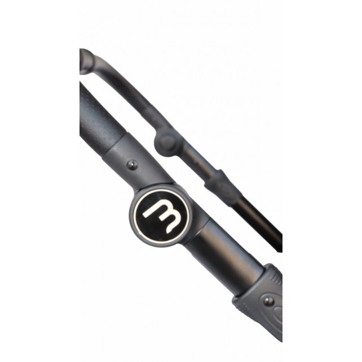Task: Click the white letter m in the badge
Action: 162,216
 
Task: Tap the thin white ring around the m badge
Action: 162,191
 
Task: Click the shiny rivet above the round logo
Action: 133,165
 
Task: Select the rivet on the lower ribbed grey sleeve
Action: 268,301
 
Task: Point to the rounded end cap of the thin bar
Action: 87,61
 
